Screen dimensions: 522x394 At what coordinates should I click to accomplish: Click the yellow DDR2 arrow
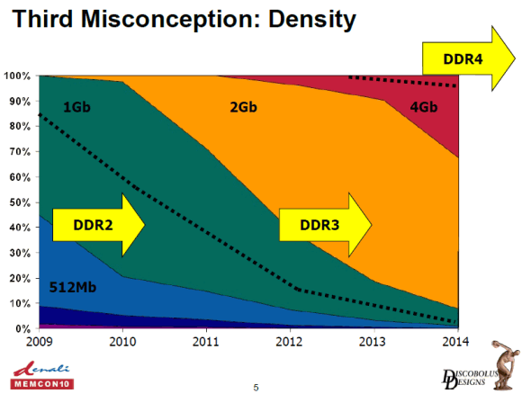pos(98,225)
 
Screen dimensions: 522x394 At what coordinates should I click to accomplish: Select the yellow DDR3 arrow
pos(325,225)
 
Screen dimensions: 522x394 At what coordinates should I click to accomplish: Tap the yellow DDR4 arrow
pos(469,58)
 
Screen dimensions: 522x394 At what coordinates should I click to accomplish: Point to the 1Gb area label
pos(76,107)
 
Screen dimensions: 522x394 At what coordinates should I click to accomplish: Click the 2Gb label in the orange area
pos(244,107)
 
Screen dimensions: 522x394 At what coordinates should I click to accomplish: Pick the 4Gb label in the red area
pos(424,107)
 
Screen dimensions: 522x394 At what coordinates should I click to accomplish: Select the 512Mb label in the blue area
pos(73,287)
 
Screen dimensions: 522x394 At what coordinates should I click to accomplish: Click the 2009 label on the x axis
pos(40,342)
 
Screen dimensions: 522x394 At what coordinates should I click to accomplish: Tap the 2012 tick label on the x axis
pos(289,342)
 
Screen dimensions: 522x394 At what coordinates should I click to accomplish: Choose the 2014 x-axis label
pos(455,342)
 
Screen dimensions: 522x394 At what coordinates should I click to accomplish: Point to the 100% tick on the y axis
pos(17,76)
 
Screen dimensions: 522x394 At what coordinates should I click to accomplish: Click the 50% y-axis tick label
pos(20,202)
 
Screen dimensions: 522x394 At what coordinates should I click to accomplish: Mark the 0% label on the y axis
pos(23,328)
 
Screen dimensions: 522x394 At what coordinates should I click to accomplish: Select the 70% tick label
pos(20,152)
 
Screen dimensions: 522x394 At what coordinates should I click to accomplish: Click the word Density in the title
pos(312,19)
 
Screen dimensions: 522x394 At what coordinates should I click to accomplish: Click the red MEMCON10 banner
pos(42,384)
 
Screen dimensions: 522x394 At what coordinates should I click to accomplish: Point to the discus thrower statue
pos(506,364)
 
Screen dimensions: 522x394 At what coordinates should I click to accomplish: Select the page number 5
pos(256,388)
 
